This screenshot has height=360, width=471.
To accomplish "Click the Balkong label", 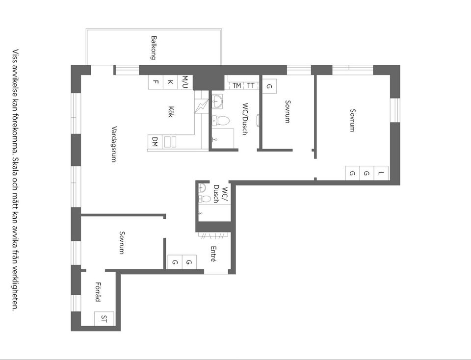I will click(x=154, y=48).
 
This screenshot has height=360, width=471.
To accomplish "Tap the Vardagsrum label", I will click(x=114, y=144).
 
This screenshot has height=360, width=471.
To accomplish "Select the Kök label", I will click(x=171, y=111).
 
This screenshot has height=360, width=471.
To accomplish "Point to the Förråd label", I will click(x=98, y=291).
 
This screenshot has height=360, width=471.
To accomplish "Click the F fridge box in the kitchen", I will click(x=156, y=82).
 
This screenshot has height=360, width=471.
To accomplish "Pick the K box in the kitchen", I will click(x=170, y=82).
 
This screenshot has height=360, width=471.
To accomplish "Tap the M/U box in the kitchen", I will click(x=185, y=82).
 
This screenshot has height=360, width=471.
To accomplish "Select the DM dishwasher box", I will click(x=155, y=141).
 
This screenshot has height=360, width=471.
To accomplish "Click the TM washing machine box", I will click(x=237, y=85).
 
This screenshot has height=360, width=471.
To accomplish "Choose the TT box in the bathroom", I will click(x=251, y=85).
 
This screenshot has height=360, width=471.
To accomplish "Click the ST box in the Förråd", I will click(x=104, y=319).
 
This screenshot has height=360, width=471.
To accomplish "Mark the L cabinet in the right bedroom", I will click(x=381, y=173).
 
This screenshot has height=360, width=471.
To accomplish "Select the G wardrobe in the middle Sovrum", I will click(x=269, y=86).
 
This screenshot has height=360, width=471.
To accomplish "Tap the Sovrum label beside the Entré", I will click(x=121, y=243).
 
